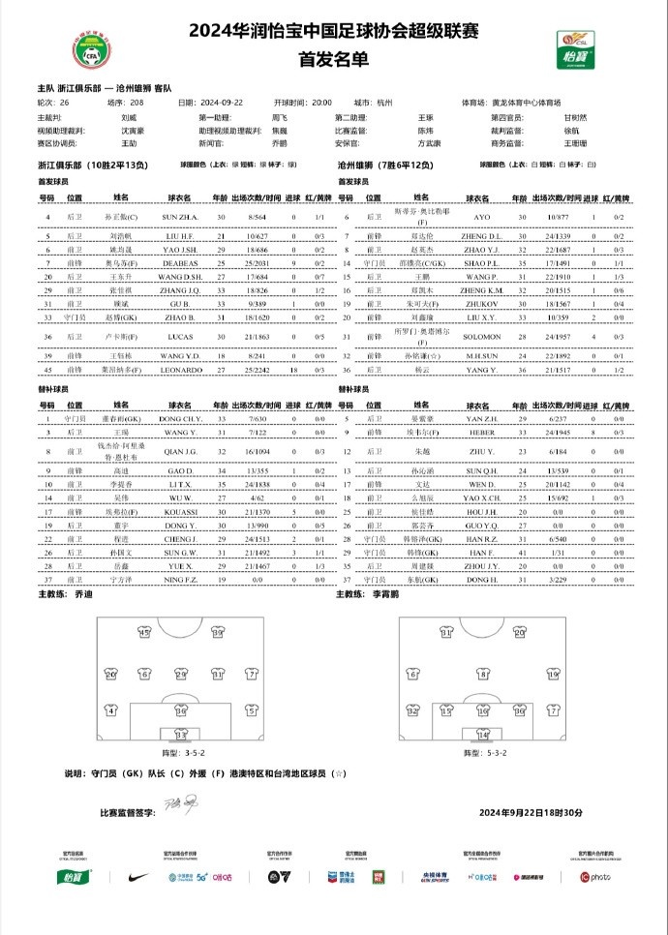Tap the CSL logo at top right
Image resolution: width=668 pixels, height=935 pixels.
[x=571, y=49]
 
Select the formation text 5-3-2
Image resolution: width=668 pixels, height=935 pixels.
[x=484, y=752]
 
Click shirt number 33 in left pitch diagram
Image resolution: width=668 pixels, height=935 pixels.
[x=180, y=736]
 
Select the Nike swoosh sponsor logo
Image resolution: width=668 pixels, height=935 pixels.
[x=138, y=877]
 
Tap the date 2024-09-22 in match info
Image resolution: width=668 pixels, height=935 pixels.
[x=223, y=101]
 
